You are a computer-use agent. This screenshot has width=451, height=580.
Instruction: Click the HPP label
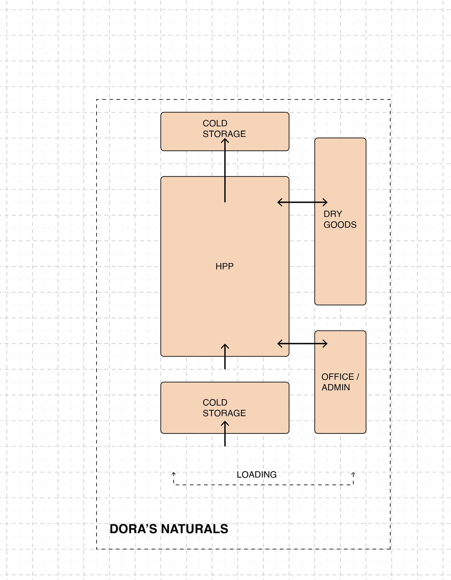[225, 266]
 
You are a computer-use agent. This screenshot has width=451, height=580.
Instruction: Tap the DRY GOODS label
[340, 219]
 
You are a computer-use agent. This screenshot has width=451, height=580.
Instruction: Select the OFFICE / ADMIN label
[340, 382]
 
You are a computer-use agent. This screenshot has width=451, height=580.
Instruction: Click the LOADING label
[257, 475]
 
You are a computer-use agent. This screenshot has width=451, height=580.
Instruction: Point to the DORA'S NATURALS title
[169, 529]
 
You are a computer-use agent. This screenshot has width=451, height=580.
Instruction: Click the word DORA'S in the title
[133, 529]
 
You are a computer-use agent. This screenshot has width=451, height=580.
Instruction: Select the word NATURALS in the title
[195, 529]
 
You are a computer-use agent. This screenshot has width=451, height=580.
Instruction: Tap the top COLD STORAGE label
[224, 128]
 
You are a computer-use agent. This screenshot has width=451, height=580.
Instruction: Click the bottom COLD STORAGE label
[224, 408]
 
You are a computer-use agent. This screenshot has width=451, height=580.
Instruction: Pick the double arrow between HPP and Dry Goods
[302, 202]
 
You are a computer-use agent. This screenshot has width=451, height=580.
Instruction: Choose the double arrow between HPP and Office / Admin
[302, 344]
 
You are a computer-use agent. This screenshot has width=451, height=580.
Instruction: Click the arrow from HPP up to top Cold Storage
[225, 170]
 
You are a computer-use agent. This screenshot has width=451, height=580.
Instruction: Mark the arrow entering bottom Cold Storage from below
[225, 434]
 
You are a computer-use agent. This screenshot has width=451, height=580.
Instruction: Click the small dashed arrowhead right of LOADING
[353, 474]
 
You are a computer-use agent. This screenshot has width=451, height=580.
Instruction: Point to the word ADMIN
[336, 388]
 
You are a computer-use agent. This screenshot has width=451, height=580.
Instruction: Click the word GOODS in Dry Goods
[340, 225]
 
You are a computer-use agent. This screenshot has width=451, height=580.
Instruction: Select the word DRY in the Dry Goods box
[333, 214]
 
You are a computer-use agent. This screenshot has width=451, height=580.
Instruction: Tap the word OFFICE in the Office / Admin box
[337, 377]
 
